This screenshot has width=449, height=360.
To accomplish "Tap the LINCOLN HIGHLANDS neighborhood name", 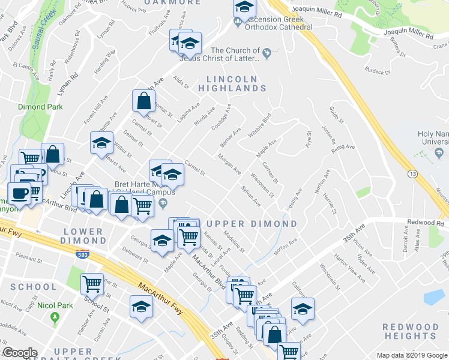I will click(x=236, y=83).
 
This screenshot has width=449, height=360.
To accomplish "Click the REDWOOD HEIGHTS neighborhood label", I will click(x=411, y=331).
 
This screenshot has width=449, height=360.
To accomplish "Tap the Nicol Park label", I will click(x=55, y=305).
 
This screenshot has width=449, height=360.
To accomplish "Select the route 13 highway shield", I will click(x=412, y=173).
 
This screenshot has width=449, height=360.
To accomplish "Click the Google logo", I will click(x=20, y=353).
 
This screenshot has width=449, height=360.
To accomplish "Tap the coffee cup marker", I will click(x=19, y=193).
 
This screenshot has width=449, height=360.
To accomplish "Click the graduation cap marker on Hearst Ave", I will click(x=101, y=143).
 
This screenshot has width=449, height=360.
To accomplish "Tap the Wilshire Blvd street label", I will click(x=259, y=125).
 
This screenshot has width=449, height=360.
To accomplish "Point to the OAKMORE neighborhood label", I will click(x=173, y=2).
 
